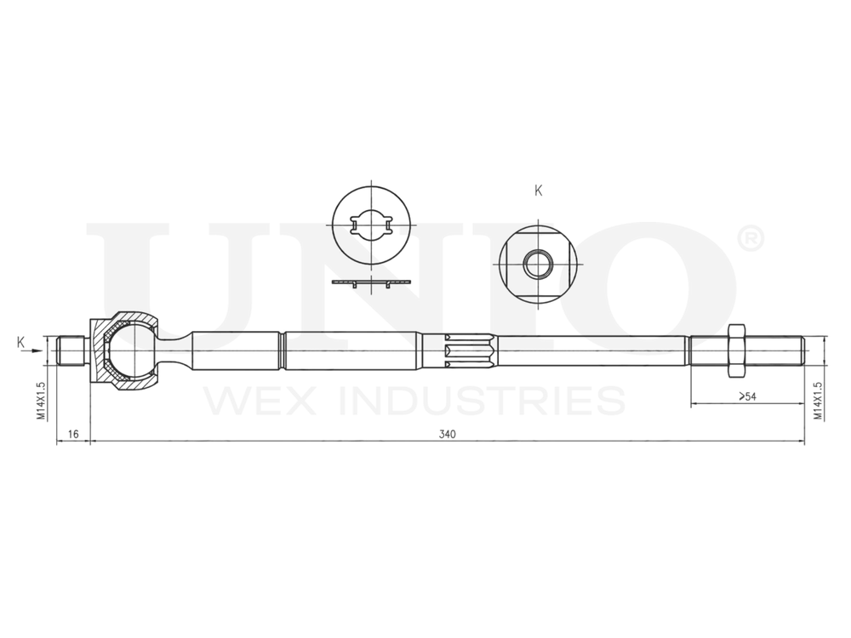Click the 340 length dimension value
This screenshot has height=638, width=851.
click(x=448, y=434)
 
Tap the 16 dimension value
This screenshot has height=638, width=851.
click(x=73, y=434)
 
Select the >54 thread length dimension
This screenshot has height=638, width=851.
click(x=747, y=396)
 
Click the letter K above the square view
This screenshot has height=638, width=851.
click(x=538, y=191)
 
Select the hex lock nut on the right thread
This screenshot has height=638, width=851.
click(x=737, y=350)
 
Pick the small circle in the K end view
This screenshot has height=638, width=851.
click(x=537, y=265)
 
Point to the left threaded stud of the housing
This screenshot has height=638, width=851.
click(x=71, y=350)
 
